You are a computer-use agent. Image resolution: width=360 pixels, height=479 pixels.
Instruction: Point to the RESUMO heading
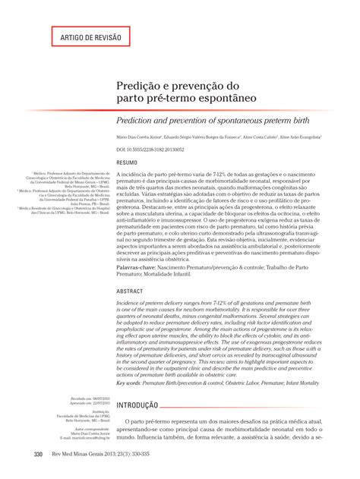pyautogui.click(x=126, y=163)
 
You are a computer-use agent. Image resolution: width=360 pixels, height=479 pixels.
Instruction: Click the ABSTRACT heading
pyautogui.click(x=129, y=291)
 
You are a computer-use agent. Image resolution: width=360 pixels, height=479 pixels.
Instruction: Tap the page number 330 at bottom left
pyautogui.click(x=38, y=455)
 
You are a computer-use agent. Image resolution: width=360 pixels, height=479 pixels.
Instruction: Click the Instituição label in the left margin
pyautogui.click(x=99, y=412)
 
